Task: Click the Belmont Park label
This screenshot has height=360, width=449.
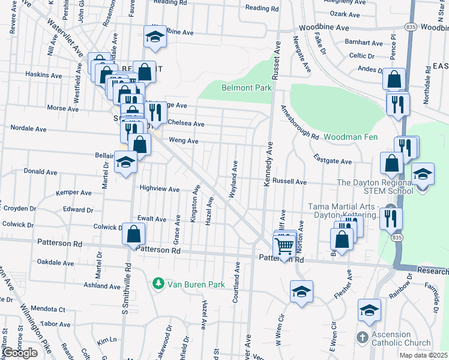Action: [247, 88]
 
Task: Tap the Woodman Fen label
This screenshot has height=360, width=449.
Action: [351, 137]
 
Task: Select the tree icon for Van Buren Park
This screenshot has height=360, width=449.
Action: [158, 283]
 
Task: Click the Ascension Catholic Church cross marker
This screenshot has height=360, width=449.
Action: [362, 338]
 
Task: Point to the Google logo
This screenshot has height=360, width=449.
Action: [20, 353]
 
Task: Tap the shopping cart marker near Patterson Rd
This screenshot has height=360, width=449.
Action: [284, 244]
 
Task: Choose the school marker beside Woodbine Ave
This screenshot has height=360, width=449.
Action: [154, 38]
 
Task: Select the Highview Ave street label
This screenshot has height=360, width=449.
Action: [159, 189]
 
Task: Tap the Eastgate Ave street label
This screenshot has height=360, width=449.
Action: [333, 161]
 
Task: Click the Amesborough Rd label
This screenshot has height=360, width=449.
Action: [299, 123]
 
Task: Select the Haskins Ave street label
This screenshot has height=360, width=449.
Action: [43, 76]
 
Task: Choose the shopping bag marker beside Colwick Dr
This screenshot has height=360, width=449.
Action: [133, 234]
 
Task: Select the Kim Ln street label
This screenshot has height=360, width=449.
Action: [106, 340]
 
